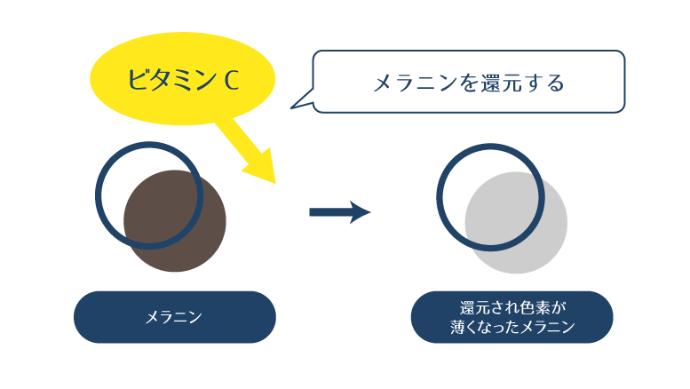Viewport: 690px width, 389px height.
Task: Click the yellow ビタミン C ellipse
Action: [x=182, y=78]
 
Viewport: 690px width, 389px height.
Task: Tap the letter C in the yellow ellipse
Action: [x=230, y=80]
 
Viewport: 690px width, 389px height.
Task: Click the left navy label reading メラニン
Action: [x=174, y=317]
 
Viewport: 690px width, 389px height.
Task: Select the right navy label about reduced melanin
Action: [x=512, y=317]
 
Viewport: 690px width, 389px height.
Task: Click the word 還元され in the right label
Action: [x=488, y=308]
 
